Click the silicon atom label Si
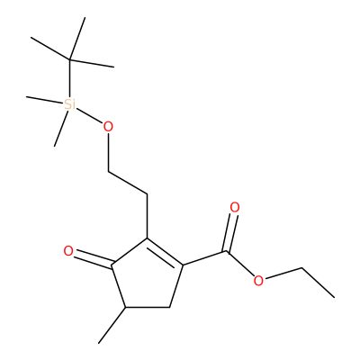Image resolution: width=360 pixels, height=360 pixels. [x=70, y=104]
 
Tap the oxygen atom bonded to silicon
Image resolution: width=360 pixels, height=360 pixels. [x=108, y=127]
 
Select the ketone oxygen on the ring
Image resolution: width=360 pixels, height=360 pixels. [x=68, y=251]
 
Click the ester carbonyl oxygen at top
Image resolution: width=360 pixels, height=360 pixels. [x=235, y=208]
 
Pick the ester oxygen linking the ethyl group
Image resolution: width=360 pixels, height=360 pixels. [x=258, y=281]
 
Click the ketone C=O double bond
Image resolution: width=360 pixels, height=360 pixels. [x=93, y=260]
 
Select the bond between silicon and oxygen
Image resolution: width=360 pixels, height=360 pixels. [x=89, y=115]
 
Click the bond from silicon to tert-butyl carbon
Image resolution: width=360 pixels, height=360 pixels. [x=69, y=79]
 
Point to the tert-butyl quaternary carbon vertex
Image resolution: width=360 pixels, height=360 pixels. [x=69, y=60]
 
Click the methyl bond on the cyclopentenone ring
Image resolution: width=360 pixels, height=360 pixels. [x=112, y=325]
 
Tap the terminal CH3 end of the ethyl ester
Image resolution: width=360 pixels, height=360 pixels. [x=334, y=297]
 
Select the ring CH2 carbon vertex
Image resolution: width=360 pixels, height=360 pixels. [x=170, y=307]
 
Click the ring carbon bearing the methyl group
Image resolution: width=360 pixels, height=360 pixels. [x=126, y=308]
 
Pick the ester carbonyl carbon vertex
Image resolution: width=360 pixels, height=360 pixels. [x=228, y=251]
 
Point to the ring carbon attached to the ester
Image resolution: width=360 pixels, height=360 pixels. [x=184, y=265]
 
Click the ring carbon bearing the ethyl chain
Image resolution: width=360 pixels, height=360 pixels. [x=148, y=238]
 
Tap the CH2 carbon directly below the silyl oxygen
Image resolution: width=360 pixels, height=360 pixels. [x=108, y=172]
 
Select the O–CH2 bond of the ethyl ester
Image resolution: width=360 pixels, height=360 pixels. [x=283, y=274]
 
